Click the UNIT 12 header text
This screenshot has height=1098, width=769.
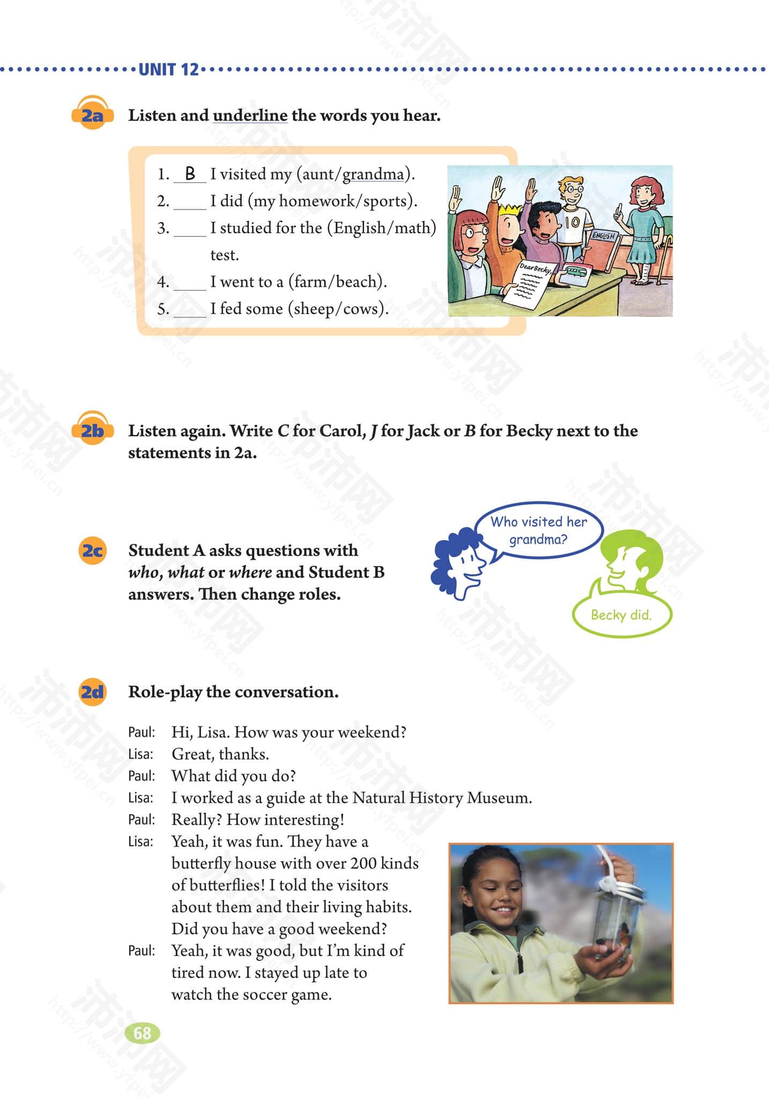pyautogui.click(x=168, y=70)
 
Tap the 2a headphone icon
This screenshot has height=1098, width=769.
pyautogui.click(x=92, y=113)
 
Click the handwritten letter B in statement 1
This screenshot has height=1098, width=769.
pyautogui.click(x=190, y=173)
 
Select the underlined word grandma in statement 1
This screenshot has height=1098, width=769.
pyautogui.click(x=373, y=174)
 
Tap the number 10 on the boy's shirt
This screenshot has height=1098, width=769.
pyautogui.click(x=572, y=222)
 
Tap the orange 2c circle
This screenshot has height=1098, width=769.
pyautogui.click(x=92, y=551)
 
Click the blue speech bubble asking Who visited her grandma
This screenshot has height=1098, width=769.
pyautogui.click(x=538, y=530)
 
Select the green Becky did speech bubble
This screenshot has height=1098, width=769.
pyautogui.click(x=621, y=615)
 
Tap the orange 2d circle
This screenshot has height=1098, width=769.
pyautogui.click(x=92, y=692)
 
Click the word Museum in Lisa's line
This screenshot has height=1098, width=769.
pyautogui.click(x=498, y=798)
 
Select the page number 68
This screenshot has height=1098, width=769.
pyautogui.click(x=143, y=1033)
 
